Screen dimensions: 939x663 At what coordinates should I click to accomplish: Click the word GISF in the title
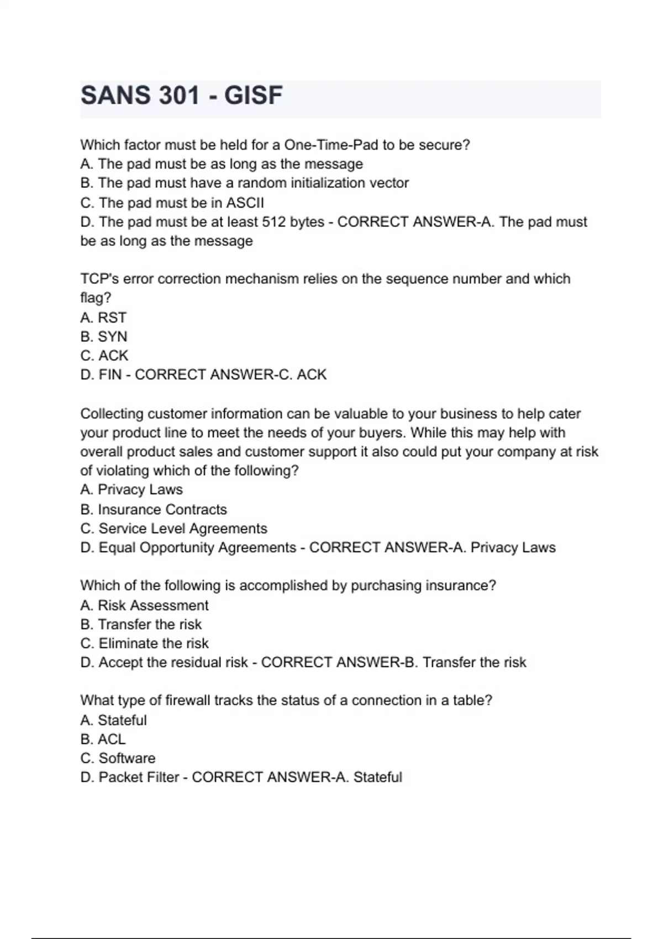254,96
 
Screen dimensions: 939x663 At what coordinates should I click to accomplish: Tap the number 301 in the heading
178,96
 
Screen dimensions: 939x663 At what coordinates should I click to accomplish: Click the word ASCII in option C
245,203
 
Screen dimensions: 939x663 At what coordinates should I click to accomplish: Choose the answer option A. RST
103,318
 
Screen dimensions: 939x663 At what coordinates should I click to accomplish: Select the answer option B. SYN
104,336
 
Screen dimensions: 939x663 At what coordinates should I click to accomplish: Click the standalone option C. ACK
104,355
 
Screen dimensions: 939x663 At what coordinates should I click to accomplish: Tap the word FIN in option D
110,374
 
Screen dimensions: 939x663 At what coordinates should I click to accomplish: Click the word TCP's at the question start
99,279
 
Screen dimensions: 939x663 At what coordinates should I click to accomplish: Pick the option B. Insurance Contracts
154,509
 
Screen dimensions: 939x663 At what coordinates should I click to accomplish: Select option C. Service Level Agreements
173,529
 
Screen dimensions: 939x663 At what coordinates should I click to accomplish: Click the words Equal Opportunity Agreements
197,547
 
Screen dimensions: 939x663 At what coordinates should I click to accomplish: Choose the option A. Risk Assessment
144,605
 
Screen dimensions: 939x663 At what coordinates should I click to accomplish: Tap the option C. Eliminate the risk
144,643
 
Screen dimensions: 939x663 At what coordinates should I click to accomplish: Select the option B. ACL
103,739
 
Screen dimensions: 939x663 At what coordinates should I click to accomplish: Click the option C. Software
118,758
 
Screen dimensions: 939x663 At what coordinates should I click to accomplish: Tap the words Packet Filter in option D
139,777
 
